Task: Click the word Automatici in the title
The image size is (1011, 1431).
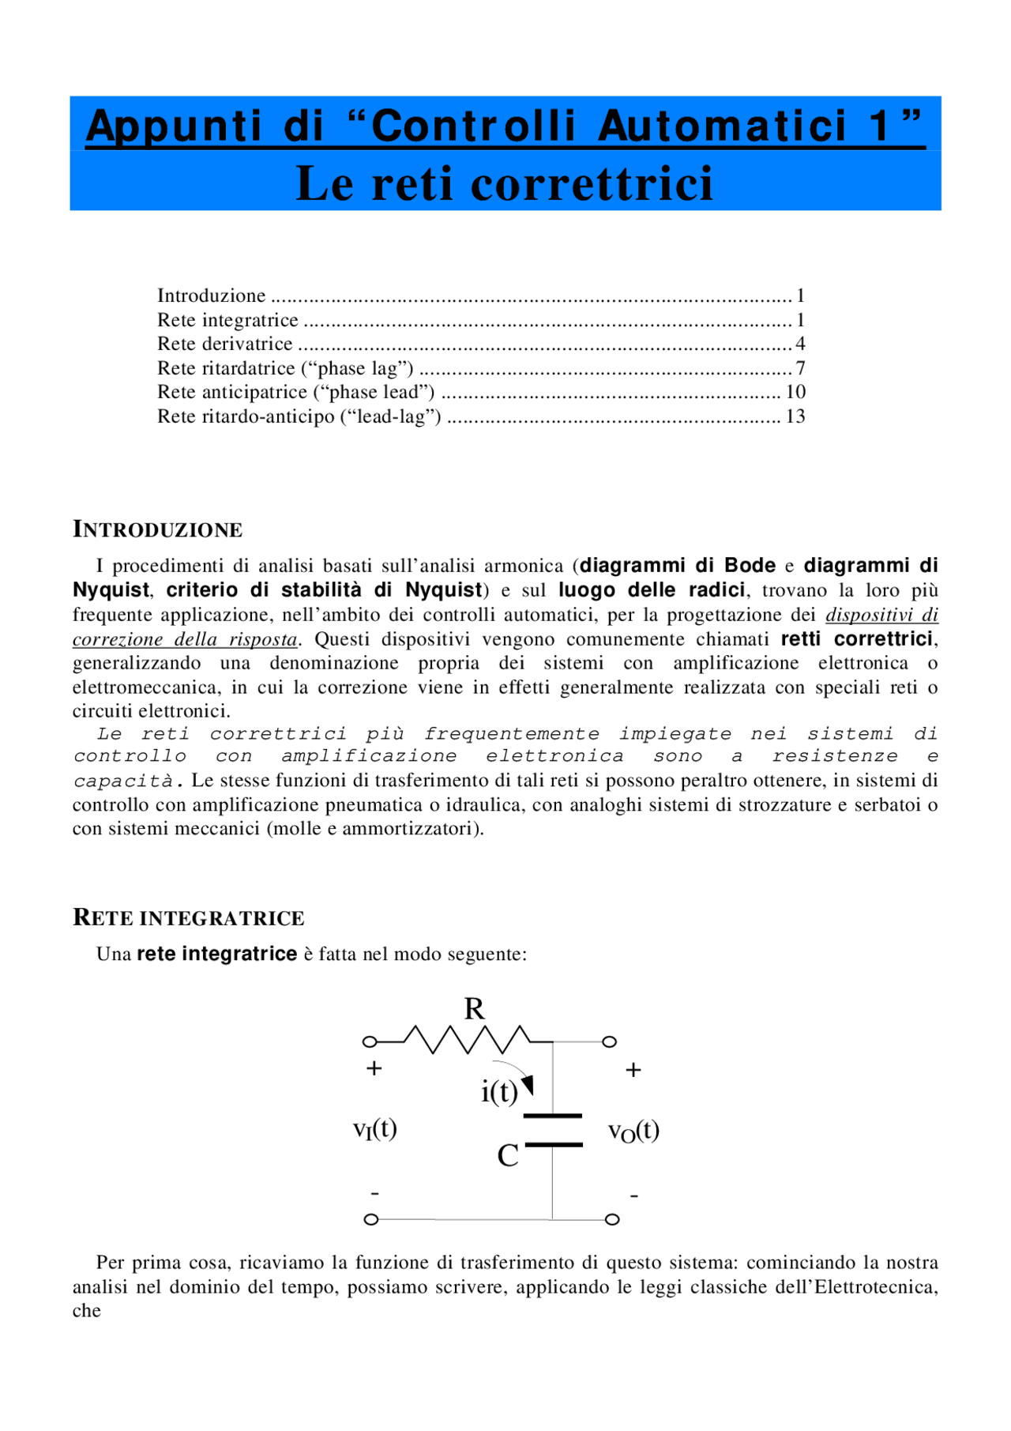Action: [x=722, y=126]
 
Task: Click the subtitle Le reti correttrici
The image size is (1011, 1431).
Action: [x=505, y=183]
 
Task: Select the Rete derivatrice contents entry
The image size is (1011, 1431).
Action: [x=225, y=344]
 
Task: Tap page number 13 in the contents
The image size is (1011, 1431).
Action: [x=795, y=416]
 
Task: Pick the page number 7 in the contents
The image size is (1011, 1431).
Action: [x=800, y=368]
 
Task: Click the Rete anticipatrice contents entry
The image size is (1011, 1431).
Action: [x=296, y=392]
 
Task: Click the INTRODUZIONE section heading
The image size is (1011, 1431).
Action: [x=158, y=529]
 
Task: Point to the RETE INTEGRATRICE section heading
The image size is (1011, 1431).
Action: [x=189, y=917]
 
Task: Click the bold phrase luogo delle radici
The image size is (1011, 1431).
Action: [x=652, y=590]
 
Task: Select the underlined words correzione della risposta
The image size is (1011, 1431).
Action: [x=185, y=639]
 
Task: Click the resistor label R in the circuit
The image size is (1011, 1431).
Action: [x=474, y=1009]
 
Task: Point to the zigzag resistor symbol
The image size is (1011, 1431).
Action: [x=467, y=1040]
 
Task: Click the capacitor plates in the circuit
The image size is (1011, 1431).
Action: [x=553, y=1130]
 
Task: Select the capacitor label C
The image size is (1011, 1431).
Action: [x=508, y=1156]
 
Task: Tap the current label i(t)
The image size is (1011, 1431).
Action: [x=499, y=1092]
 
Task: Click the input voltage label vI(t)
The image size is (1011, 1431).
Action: [x=375, y=1129]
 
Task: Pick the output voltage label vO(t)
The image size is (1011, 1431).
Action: [x=633, y=1132]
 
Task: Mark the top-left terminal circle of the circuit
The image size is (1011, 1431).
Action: [x=369, y=1042]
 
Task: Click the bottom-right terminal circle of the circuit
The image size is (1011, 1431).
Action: [x=612, y=1219]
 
